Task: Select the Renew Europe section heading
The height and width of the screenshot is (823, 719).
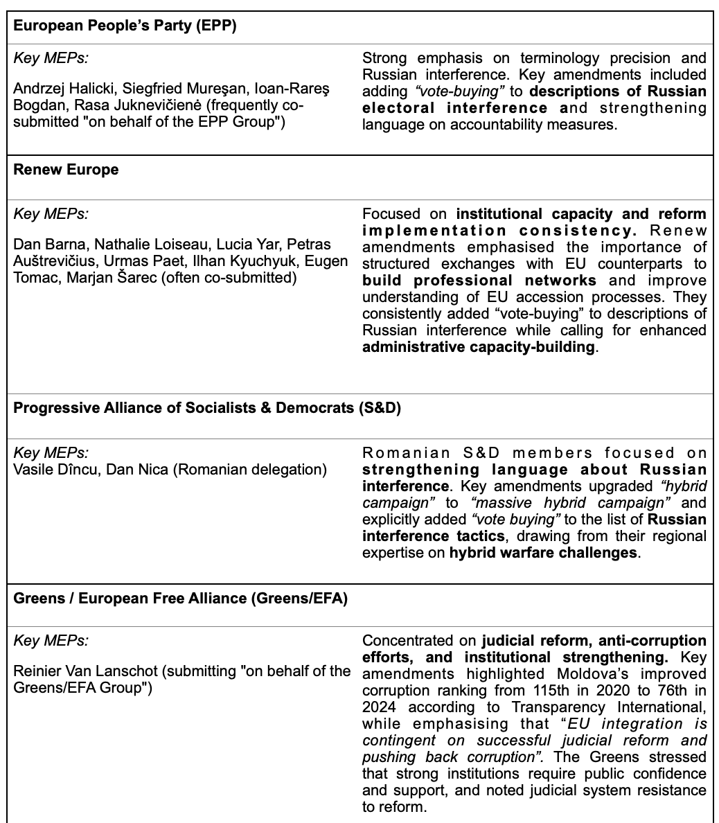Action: click(x=66, y=170)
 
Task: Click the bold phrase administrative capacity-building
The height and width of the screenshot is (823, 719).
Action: click(x=479, y=347)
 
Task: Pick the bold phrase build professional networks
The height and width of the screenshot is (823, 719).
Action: click(x=479, y=281)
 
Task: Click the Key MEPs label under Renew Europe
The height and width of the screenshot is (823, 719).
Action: click(x=51, y=214)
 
